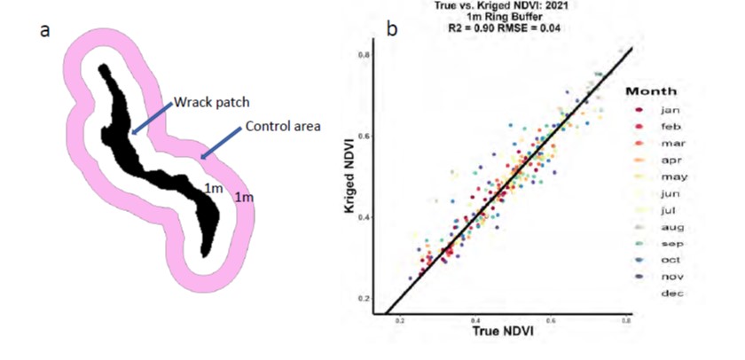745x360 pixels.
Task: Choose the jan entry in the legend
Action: pyautogui.click(x=670, y=110)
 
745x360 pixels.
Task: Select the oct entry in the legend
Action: pyautogui.click(x=670, y=260)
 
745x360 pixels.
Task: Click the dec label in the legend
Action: pyautogui.click(x=670, y=293)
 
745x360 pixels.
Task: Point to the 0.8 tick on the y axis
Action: pyautogui.click(x=365, y=55)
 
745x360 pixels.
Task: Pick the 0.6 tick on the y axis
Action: pyautogui.click(x=365, y=136)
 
